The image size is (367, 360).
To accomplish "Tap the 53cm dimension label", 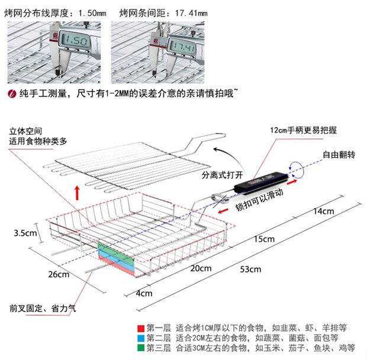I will [x=250, y=270].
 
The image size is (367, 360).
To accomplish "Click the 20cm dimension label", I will [x=201, y=268].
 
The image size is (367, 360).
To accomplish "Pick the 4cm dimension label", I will [x=144, y=293].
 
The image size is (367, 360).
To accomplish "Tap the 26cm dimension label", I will [x=59, y=274].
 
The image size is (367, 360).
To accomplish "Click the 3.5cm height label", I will [x=24, y=233].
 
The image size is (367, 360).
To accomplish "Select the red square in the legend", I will [x=140, y=327].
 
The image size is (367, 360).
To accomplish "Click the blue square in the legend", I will [x=140, y=338].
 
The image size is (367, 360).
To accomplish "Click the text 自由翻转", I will [x=339, y=155].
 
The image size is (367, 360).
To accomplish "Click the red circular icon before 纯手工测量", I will [x=11, y=93].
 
